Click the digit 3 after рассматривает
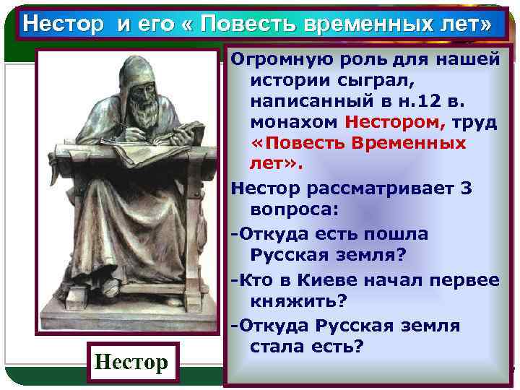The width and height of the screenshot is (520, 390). pyautogui.click(x=467, y=188)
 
